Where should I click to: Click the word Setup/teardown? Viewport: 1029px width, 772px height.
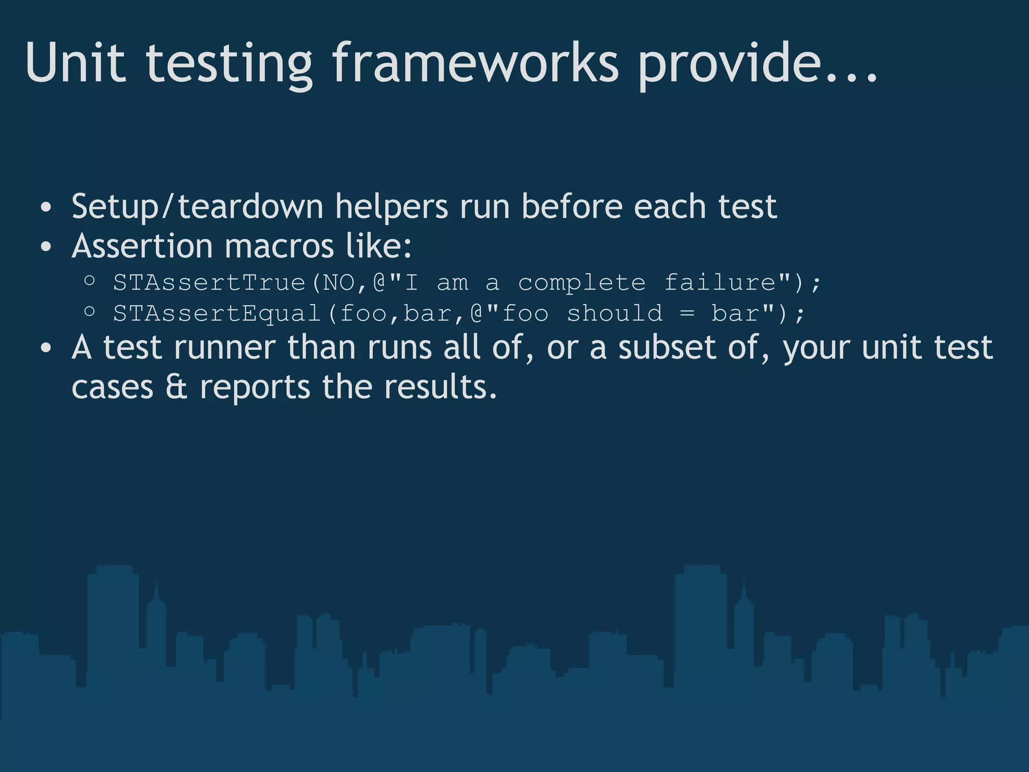(197, 207)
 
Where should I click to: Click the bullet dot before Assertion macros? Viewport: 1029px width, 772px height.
(46, 247)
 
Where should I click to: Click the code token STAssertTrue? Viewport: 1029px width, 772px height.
(209, 282)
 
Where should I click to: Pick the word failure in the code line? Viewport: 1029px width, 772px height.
(720, 282)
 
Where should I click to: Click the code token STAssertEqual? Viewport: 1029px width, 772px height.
(217, 314)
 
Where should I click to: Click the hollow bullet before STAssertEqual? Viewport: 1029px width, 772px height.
(89, 312)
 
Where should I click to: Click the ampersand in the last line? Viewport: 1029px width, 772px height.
(176, 388)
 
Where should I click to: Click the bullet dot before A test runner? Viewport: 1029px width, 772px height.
(46, 348)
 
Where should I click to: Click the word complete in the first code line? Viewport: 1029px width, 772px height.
(581, 283)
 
